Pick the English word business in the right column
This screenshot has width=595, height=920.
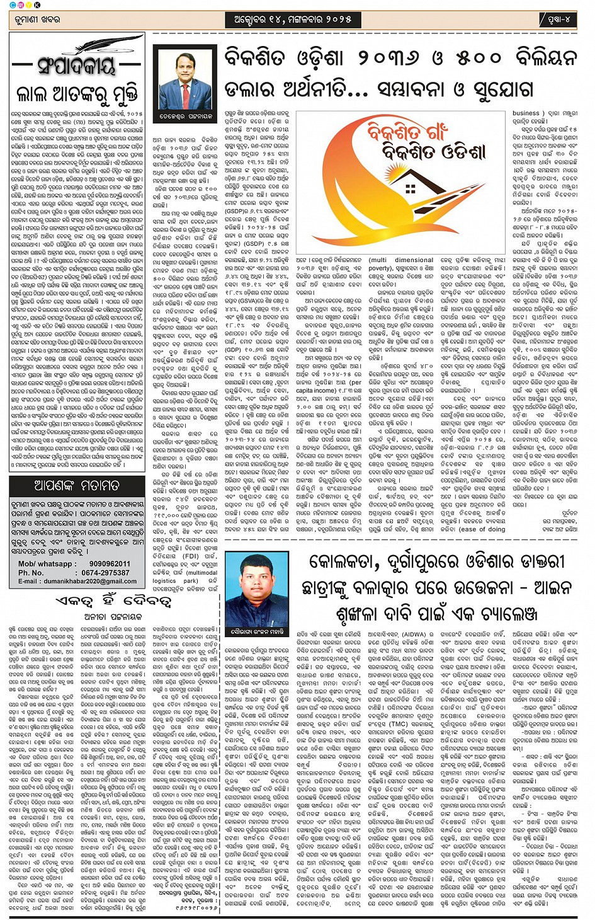(x=526, y=113)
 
